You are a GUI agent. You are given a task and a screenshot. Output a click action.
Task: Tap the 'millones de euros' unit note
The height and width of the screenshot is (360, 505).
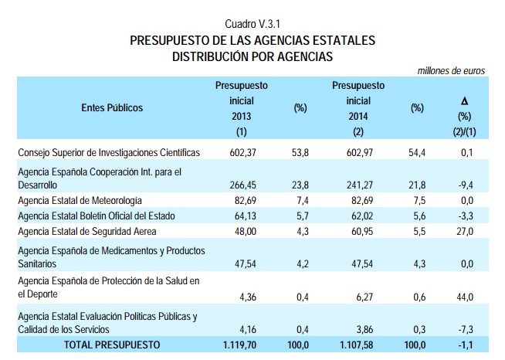tap(451, 70)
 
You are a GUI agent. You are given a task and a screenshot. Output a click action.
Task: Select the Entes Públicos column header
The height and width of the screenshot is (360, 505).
tap(112, 108)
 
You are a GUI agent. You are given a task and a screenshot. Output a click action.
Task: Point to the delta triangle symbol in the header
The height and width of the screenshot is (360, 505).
tap(464, 101)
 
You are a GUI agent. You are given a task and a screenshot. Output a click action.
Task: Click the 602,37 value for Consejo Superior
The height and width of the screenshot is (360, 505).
tap(242, 153)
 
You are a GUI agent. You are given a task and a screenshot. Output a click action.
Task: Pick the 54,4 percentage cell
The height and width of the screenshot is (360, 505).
tap(418, 153)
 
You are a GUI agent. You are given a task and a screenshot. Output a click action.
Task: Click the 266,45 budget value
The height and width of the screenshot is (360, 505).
tap(242, 186)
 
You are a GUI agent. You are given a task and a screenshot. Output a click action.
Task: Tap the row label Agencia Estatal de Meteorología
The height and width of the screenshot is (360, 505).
tap(80, 201)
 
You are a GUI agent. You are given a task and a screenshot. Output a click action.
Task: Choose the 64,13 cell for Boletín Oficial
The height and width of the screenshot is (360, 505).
tap(242, 216)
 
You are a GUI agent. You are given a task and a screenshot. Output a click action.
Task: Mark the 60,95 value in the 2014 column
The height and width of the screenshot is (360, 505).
tap(359, 230)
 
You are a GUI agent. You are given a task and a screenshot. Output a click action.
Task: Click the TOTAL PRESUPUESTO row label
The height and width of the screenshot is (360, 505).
tap(112, 344)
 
